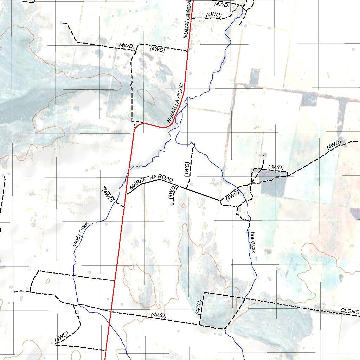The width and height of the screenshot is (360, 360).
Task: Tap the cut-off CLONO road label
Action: pyautogui.click(x=350, y=311)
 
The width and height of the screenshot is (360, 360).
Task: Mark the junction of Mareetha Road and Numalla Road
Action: pyautogui.click(x=126, y=194)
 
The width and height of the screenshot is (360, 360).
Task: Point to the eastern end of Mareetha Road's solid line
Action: pyautogui.click(x=220, y=201)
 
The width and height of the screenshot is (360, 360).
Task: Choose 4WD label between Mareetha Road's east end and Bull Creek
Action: pyautogui.click(x=232, y=194)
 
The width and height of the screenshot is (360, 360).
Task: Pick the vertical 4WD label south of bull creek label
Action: pyautogui.click(x=198, y=307)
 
